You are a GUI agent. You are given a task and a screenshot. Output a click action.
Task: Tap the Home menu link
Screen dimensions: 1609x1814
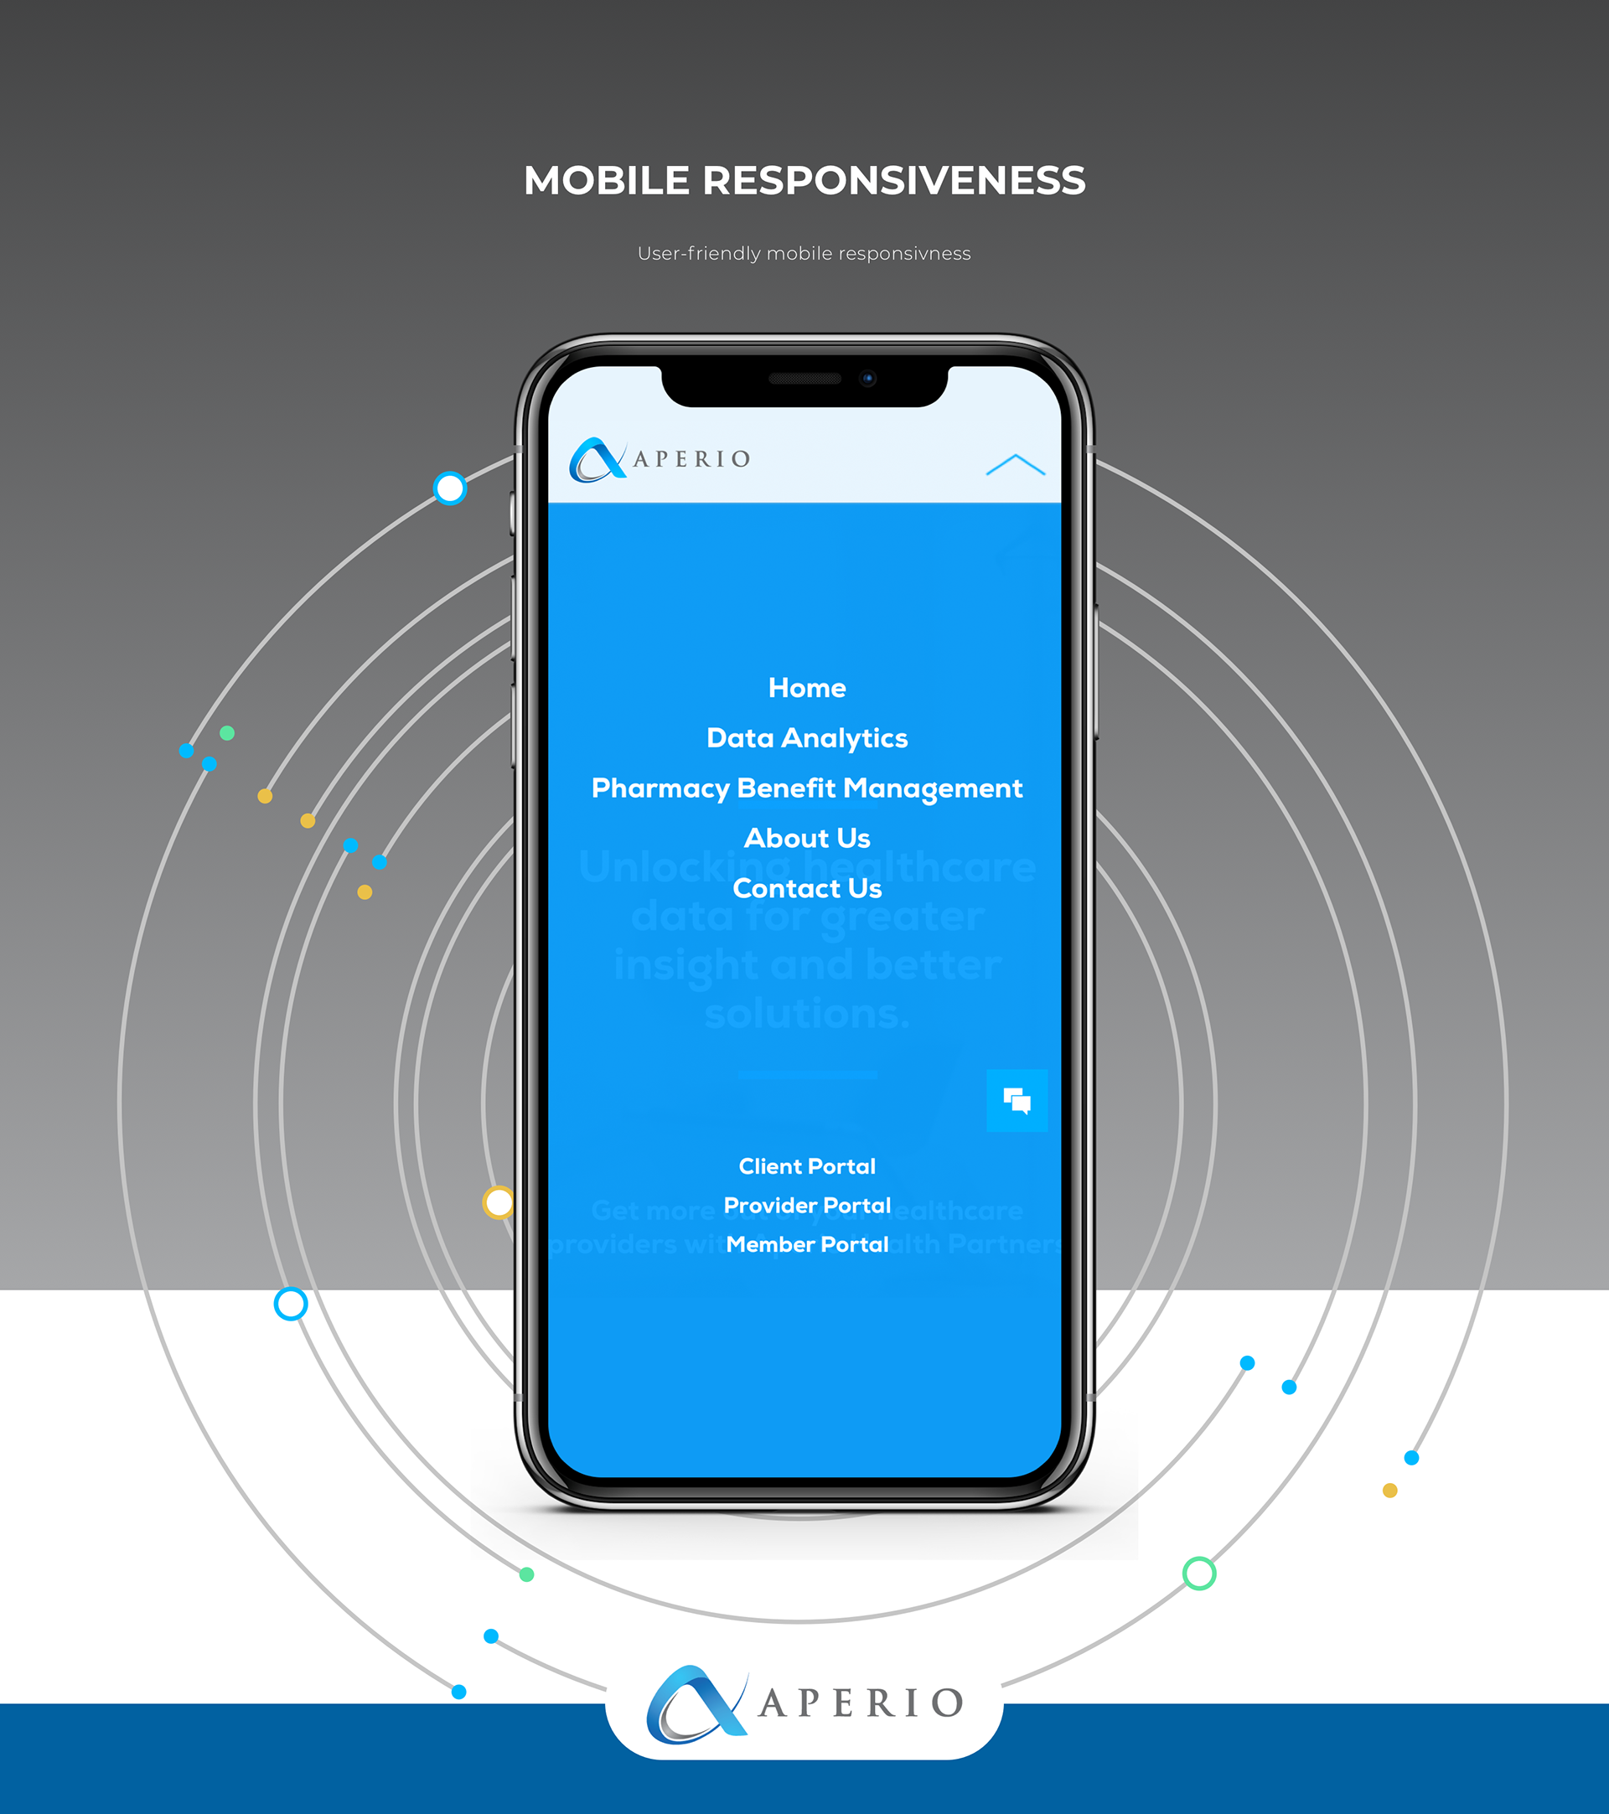(x=807, y=688)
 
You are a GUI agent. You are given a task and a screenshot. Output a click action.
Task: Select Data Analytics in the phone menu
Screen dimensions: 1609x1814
(x=807, y=737)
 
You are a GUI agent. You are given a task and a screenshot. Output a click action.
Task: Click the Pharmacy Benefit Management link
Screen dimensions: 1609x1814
(x=807, y=788)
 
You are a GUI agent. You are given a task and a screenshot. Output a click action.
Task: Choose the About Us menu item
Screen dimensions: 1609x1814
(x=807, y=838)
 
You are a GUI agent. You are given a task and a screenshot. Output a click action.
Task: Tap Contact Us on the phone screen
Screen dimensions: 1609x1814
(x=807, y=888)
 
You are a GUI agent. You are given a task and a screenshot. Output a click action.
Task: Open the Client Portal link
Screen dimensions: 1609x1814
(x=807, y=1166)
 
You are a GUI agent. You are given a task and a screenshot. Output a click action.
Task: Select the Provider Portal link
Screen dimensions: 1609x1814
(x=807, y=1205)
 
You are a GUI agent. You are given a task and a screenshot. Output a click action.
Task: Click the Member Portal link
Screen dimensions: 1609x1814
(x=807, y=1244)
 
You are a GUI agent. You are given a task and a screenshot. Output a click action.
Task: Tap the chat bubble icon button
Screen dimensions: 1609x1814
(x=1017, y=1100)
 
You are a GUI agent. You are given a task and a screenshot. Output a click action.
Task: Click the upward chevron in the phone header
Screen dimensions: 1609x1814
(x=1016, y=465)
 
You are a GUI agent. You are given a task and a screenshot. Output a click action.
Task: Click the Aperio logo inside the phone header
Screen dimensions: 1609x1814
(x=660, y=460)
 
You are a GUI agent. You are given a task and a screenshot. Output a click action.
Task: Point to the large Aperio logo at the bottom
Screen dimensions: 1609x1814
(x=804, y=1704)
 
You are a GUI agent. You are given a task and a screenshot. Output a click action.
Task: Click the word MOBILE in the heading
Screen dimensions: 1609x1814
(x=606, y=181)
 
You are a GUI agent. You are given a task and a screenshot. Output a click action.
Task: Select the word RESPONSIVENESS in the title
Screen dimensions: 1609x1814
(x=893, y=181)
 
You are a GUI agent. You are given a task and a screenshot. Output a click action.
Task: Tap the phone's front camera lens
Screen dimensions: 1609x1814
(x=868, y=379)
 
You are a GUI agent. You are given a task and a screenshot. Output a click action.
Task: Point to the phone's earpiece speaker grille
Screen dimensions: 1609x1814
(x=805, y=379)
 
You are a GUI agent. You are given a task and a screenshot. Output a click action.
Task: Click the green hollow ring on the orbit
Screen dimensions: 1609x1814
(x=1199, y=1574)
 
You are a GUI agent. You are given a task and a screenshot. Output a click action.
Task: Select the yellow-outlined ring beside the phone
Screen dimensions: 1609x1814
(x=499, y=1202)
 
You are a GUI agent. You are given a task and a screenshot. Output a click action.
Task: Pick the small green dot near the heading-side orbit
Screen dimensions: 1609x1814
(x=227, y=733)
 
